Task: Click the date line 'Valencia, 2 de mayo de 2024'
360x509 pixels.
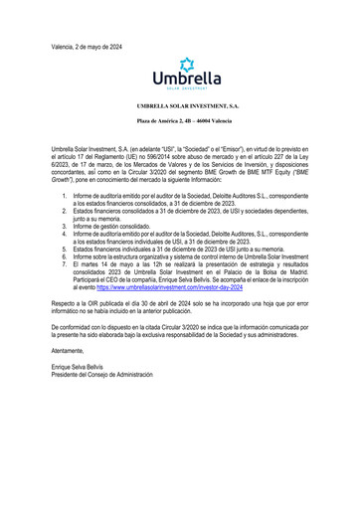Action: point(87,47)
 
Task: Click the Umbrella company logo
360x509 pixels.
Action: point(180,76)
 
